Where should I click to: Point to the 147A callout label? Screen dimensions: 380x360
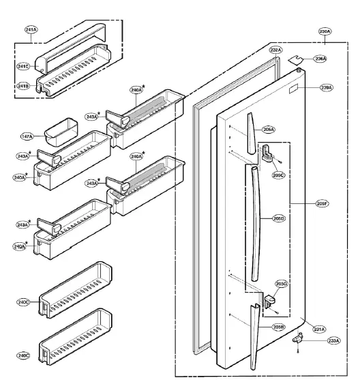(27, 137)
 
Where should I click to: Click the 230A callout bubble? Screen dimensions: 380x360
(325, 32)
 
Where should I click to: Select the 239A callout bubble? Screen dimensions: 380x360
(327, 88)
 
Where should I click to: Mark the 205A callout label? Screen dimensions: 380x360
(269, 129)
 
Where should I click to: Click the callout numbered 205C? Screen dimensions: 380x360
(277, 175)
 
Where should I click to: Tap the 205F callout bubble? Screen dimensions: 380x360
(322, 203)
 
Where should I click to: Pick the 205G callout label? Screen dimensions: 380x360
(281, 284)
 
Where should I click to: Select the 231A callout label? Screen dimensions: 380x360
(318, 329)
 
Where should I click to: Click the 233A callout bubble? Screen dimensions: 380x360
(333, 340)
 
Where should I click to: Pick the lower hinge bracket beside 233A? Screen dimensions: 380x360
(298, 337)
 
